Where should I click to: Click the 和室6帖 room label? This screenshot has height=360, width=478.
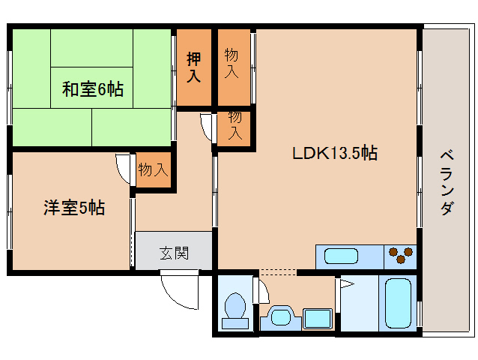point(93,89)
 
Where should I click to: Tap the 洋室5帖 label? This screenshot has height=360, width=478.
point(74,208)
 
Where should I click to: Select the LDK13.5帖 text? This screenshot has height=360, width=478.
point(335,153)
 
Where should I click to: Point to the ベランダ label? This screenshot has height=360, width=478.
point(447,182)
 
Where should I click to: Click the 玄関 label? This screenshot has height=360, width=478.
point(175,253)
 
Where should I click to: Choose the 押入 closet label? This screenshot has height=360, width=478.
point(194,67)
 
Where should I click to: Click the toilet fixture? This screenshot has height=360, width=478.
point(235,310)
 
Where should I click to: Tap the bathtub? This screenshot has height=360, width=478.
point(398,303)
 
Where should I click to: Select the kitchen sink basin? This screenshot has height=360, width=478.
point(341,256)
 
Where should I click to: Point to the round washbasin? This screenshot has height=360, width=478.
point(281,316)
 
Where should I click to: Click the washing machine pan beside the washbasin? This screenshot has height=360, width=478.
point(318,318)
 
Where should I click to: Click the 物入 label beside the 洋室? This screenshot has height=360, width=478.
point(153,169)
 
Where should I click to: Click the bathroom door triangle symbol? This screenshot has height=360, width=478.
point(347,284)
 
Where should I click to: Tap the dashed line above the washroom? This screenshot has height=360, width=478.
point(277,270)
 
